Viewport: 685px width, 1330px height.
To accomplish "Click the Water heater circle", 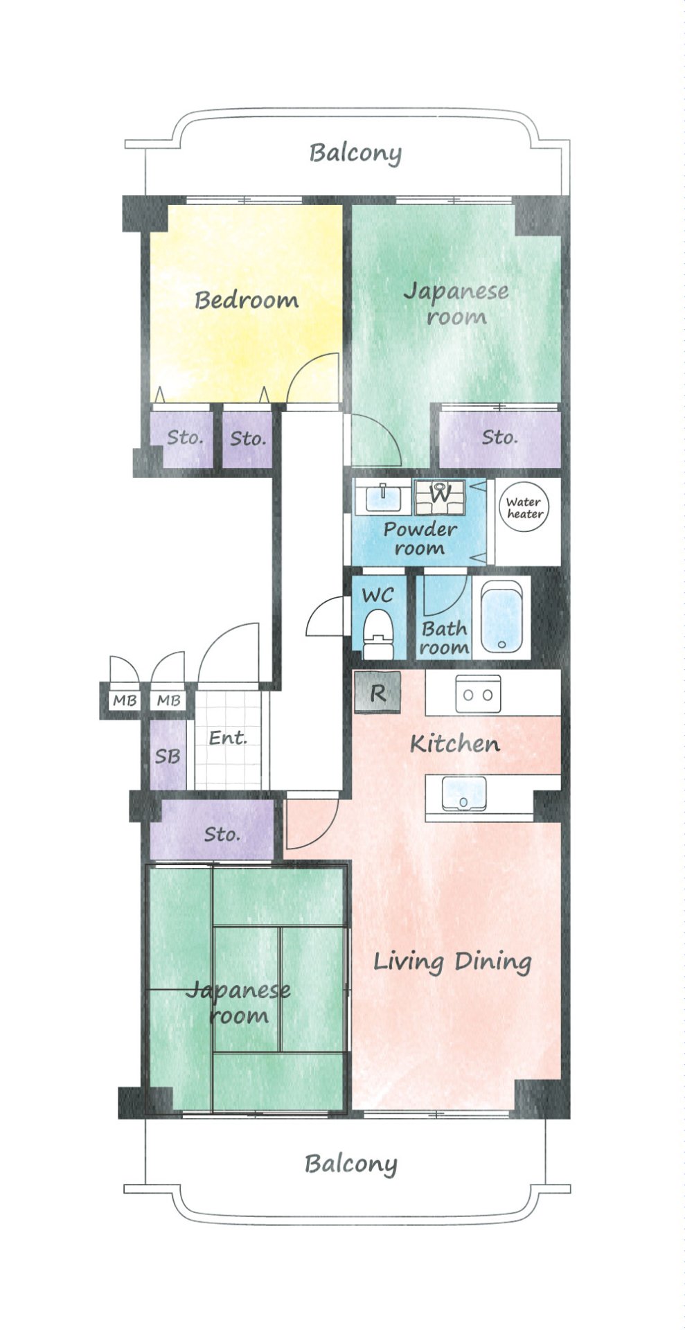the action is click(x=524, y=508).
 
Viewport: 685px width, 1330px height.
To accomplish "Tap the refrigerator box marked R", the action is click(x=377, y=693).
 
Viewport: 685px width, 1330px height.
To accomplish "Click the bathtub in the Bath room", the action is click(x=501, y=617).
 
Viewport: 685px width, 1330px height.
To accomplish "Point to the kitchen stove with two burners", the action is click(x=478, y=693).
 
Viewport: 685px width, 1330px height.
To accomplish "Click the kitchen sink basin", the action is click(x=464, y=794).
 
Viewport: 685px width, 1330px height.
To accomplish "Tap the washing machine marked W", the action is click(x=439, y=497).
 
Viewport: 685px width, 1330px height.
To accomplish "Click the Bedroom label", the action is click(x=247, y=300).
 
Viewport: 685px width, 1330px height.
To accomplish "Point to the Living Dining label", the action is click(x=453, y=961).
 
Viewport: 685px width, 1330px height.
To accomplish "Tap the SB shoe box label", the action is click(x=168, y=756).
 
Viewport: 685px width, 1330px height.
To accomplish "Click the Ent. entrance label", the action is click(x=229, y=738).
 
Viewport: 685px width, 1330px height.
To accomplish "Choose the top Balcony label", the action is click(x=355, y=153).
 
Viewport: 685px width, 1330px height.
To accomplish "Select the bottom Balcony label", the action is click(x=351, y=1164).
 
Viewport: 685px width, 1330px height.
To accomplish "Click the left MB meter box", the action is click(x=125, y=700).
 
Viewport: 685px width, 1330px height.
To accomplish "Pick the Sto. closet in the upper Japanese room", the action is click(x=500, y=438).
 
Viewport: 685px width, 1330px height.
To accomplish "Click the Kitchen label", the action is click(x=455, y=744).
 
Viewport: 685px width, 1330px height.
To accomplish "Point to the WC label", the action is click(x=378, y=595).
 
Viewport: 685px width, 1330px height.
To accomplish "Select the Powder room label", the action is click(x=420, y=539).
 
